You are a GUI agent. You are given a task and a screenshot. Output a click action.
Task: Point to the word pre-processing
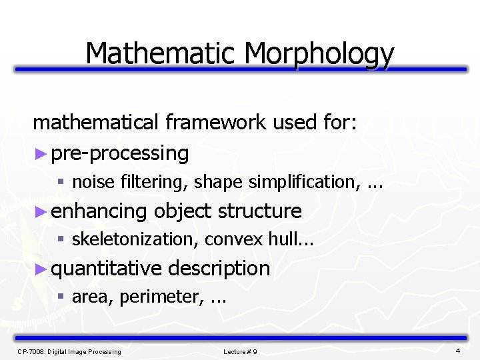tap(120, 153)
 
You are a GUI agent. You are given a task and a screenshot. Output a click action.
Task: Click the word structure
tap(259, 211)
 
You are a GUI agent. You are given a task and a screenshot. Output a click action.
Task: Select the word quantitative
tap(107, 269)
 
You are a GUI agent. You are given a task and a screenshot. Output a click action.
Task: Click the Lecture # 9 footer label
tap(240, 351)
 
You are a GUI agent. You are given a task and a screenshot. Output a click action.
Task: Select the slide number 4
tap(458, 351)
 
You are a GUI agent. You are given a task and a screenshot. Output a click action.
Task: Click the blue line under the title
tap(240, 69)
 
